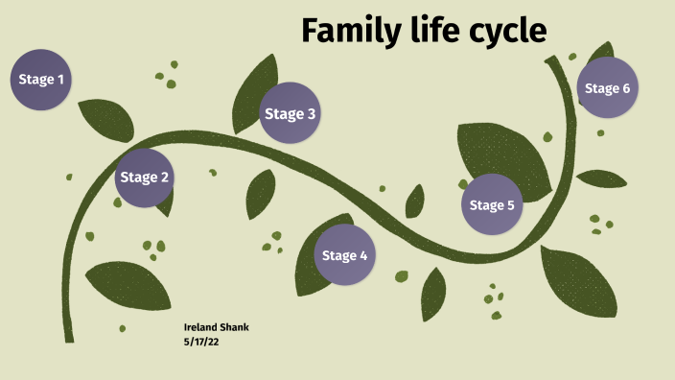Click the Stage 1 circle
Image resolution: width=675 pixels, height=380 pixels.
pyautogui.click(x=41, y=80)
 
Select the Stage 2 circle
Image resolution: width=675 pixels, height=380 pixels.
pyautogui.click(x=145, y=178)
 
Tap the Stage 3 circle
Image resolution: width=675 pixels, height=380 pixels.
pyautogui.click(x=290, y=114)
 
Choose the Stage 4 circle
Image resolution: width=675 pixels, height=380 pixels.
pyautogui.click(x=344, y=255)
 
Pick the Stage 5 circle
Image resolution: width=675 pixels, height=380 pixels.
pyautogui.click(x=492, y=204)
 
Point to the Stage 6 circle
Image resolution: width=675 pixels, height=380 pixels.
pyautogui.click(x=608, y=89)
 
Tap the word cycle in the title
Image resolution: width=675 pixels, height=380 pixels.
pyautogui.click(x=504, y=32)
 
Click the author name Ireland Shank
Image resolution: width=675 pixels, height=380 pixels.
pyautogui.click(x=217, y=328)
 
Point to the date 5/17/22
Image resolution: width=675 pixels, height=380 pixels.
pyautogui.click(x=202, y=341)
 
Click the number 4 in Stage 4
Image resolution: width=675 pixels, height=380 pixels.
pyautogui.click(x=363, y=255)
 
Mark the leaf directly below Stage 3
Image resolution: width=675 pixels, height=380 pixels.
pyautogui.click(x=260, y=195)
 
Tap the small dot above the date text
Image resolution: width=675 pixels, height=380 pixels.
pyautogui.click(x=122, y=329)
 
